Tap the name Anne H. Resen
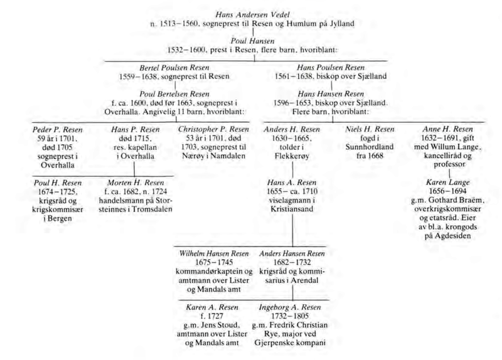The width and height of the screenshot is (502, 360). (x=447, y=129)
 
